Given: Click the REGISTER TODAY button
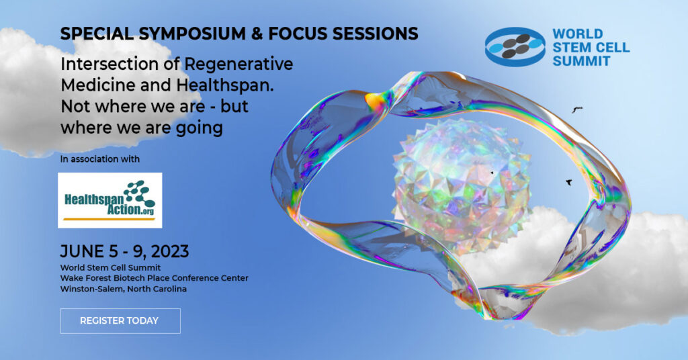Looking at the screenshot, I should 120,320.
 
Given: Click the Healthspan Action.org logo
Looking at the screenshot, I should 110,200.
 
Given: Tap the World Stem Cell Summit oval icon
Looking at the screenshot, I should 515,46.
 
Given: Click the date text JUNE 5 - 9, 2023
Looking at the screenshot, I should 124,252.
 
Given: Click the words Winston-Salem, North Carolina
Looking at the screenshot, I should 123,289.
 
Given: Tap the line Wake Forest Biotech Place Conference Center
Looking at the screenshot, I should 154,278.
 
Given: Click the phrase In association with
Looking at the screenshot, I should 99,159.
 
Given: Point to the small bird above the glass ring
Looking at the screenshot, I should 576,108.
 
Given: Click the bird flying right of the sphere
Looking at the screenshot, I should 569,181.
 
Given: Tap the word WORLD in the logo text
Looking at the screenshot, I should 578,34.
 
